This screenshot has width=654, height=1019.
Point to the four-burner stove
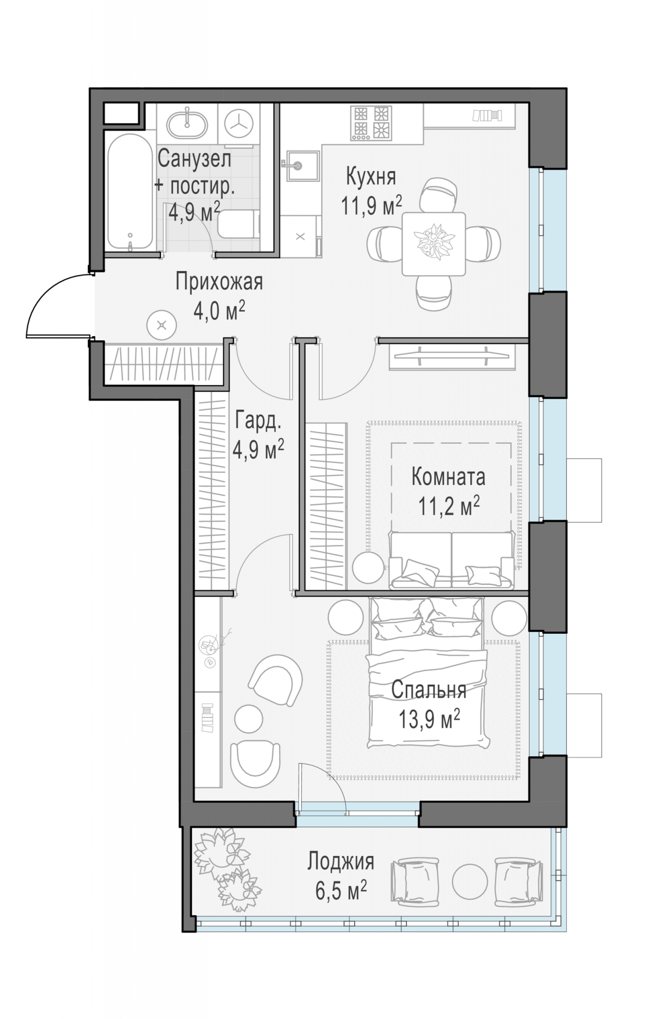371,123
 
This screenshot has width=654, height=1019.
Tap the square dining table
433,244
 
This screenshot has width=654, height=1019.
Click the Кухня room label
371,177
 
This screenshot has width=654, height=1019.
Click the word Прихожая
219,282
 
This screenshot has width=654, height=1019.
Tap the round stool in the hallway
162,325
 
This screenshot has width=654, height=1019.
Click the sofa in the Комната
452,560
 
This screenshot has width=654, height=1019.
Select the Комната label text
448,477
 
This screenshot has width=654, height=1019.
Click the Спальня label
429,690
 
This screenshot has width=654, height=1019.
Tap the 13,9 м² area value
429,719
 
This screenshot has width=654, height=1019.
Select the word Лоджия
341,861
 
